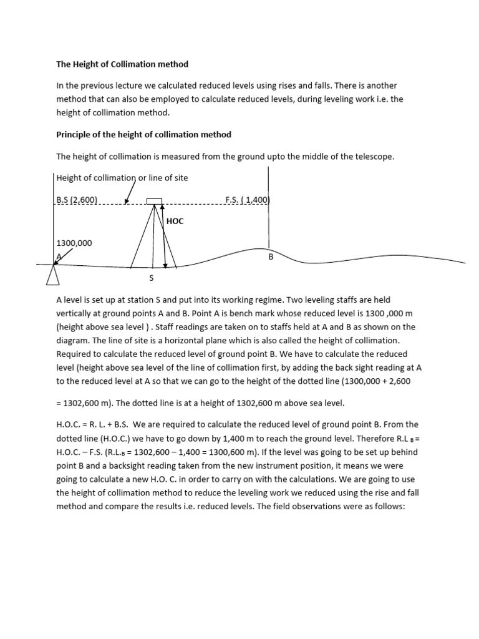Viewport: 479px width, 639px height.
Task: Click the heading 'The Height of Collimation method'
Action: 122,64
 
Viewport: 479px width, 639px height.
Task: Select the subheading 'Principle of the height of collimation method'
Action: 143,134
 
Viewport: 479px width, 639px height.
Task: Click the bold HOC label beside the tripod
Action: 175,221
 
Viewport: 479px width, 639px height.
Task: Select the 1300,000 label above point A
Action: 74,243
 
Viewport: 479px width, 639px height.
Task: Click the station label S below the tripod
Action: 150,278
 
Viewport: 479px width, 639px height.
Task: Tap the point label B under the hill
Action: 271,256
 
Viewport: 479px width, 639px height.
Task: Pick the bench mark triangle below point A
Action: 53,274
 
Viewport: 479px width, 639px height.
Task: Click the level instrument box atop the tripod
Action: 154,201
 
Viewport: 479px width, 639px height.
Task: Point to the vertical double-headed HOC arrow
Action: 164,235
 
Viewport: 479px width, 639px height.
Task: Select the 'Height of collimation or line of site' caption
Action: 122,178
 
